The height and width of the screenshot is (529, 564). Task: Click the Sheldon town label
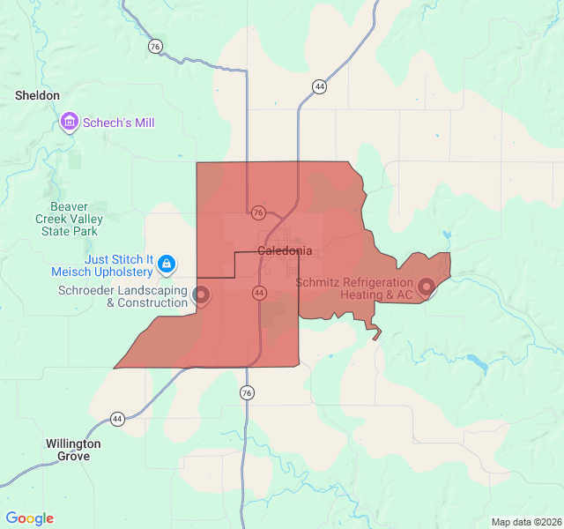(37, 95)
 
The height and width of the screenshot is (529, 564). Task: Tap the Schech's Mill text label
(119, 123)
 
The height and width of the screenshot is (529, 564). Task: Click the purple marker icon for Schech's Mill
(70, 122)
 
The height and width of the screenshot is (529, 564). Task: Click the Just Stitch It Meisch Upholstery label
(120, 265)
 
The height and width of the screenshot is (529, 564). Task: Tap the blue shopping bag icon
(167, 263)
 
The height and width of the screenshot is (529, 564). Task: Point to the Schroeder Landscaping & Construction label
(122, 296)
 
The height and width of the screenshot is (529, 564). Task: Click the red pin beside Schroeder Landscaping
(201, 294)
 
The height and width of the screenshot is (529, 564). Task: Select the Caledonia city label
(284, 251)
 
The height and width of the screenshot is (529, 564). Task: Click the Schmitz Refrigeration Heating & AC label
(354, 289)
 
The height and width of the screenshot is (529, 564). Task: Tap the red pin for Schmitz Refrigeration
(427, 287)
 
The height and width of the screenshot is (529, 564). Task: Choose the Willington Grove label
(73, 450)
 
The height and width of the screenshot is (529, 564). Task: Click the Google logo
(29, 518)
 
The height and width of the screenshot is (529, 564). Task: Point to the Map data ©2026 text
(525, 522)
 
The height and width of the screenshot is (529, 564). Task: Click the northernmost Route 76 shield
(156, 47)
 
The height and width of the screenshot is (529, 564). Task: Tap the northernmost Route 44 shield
(319, 86)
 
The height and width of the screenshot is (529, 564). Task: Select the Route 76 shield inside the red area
(258, 212)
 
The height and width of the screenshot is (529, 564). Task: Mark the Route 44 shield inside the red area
(259, 292)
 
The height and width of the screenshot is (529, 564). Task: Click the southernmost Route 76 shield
(247, 393)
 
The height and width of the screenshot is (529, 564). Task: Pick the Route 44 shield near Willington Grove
(117, 419)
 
